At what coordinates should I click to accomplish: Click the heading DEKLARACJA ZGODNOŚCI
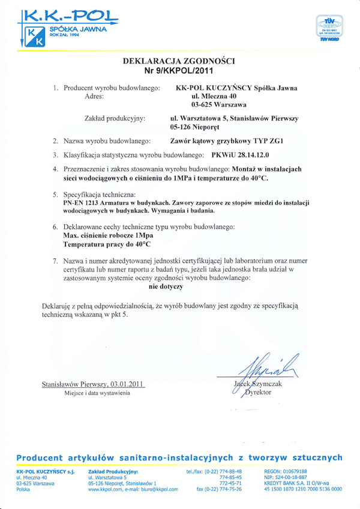tap(178, 61)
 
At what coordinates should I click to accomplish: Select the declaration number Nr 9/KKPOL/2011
tap(178, 71)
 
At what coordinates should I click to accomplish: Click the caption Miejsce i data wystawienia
tap(97, 393)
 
